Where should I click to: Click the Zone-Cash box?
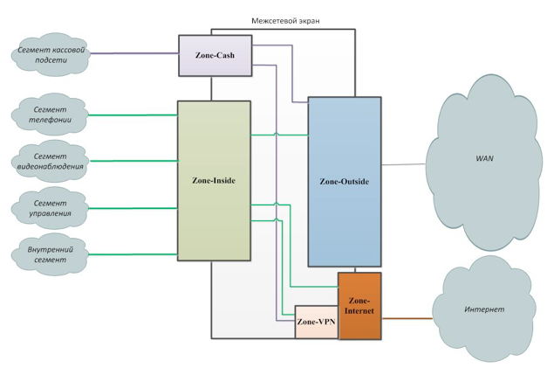pyautogui.click(x=214, y=55)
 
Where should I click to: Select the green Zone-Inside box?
pyautogui.click(x=214, y=180)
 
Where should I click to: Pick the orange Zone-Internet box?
pyautogui.click(x=359, y=306)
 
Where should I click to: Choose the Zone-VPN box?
pyautogui.click(x=316, y=322)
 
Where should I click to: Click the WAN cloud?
pyautogui.click(x=483, y=160)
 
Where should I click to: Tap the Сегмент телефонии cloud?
pyautogui.click(x=51, y=115)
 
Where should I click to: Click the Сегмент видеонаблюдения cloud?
pyautogui.click(x=51, y=161)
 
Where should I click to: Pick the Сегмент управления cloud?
pyautogui.click(x=51, y=208)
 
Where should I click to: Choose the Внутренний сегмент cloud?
pyautogui.click(x=51, y=254)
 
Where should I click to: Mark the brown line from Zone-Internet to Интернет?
pyautogui.click(x=407, y=319)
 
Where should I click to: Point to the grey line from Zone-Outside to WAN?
pyautogui.click(x=403, y=163)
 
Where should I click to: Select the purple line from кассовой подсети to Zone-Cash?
pyautogui.click(x=131, y=53)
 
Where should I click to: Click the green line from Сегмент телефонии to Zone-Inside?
pyautogui.click(x=131, y=115)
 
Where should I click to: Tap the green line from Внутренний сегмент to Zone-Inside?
pyautogui.click(x=131, y=254)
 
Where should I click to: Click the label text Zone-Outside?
pyautogui.click(x=344, y=182)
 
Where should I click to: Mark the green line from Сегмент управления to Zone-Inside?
pyautogui.click(x=131, y=208)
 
